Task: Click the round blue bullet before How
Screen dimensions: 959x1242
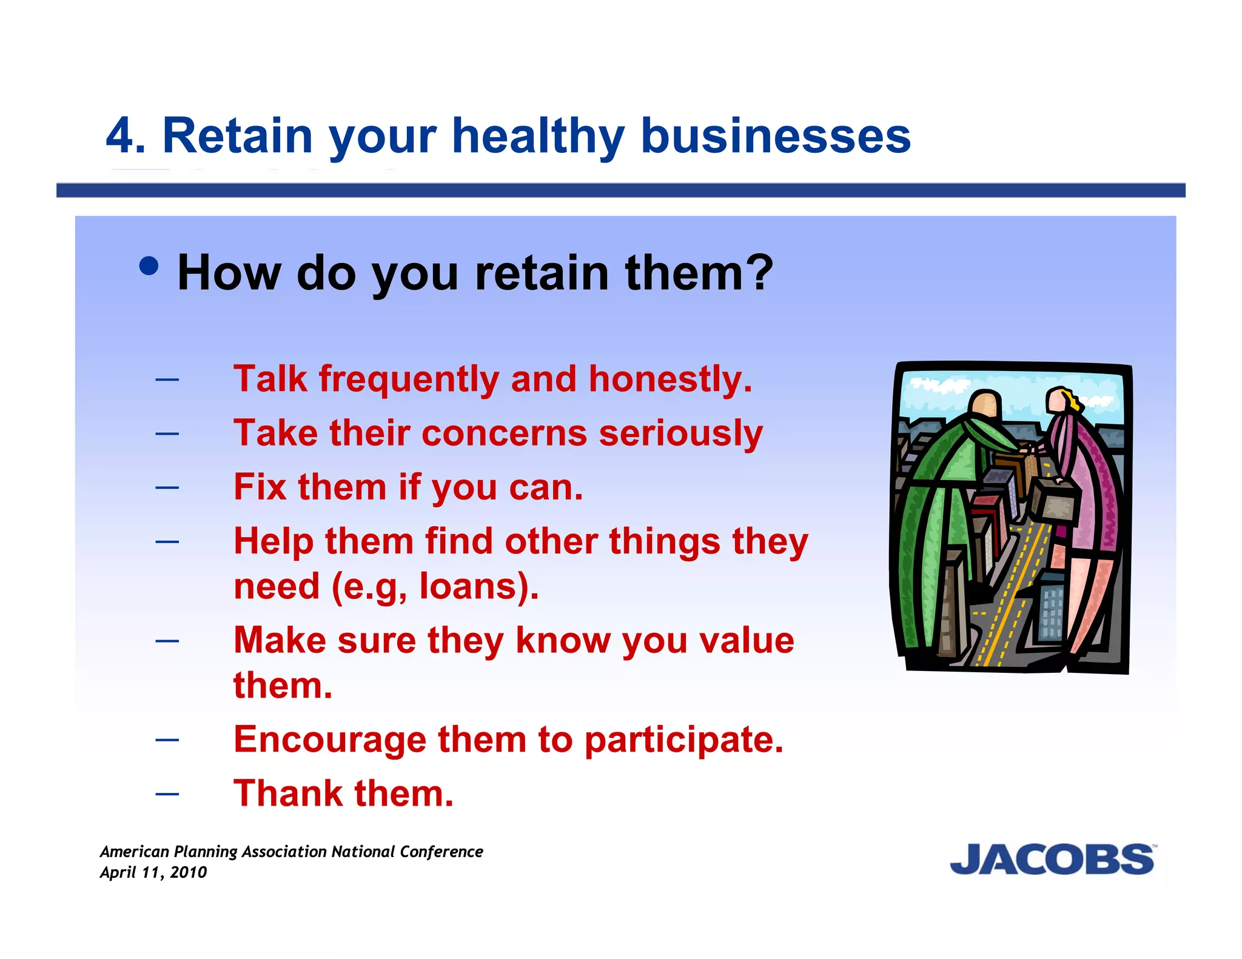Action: tap(149, 266)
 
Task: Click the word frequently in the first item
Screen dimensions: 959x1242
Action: tap(409, 380)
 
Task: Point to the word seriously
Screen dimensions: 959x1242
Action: tap(680, 434)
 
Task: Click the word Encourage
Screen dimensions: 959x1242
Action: tap(330, 740)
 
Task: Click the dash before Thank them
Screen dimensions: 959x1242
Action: tap(167, 794)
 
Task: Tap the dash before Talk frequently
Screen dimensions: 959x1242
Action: tap(167, 380)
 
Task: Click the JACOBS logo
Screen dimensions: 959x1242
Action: tap(1052, 859)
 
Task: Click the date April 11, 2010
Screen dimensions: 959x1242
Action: tap(153, 872)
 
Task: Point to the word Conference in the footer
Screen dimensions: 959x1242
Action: tap(441, 852)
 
